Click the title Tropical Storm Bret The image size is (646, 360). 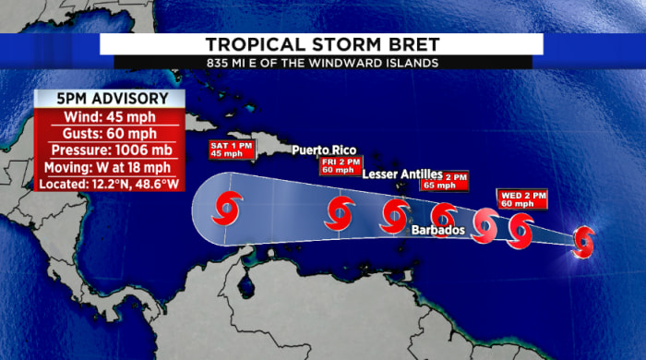[321, 44]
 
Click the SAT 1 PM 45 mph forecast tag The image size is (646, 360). [229, 150]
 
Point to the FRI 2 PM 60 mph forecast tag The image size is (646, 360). [338, 165]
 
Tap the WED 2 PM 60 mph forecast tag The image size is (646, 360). [523, 198]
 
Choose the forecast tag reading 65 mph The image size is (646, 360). [456, 180]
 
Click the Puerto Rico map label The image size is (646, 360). [323, 150]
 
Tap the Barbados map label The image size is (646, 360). [437, 230]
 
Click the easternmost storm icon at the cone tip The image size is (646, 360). [582, 241]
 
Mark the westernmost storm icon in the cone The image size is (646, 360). [227, 209]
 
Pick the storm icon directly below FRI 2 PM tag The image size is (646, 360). [340, 213]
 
